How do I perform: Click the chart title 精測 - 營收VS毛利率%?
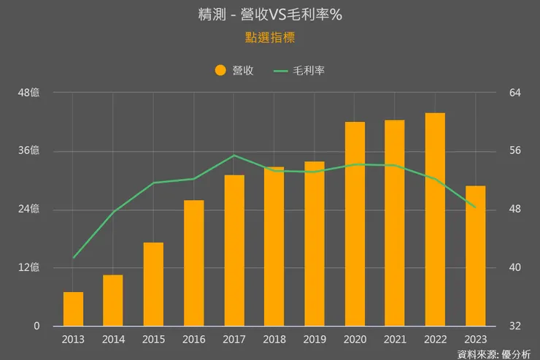pos(269,14)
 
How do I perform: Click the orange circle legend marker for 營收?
pos(220,71)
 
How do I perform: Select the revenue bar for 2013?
pos(73,309)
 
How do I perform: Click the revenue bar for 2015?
pos(153,284)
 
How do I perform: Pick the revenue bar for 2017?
pos(234,250)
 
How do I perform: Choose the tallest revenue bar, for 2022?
pos(435,219)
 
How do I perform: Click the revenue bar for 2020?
pos(355,223)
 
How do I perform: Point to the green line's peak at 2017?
pos(234,155)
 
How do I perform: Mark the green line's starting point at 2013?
pos(74,258)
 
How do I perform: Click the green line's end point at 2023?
pos(475,207)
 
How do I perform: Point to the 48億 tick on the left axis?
pos(29,93)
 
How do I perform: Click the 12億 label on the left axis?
pos(29,267)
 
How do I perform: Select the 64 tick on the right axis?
pos(514,93)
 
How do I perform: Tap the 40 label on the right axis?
pos(514,267)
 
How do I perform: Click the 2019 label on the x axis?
pos(315,339)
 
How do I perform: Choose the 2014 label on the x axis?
pos(113,339)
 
